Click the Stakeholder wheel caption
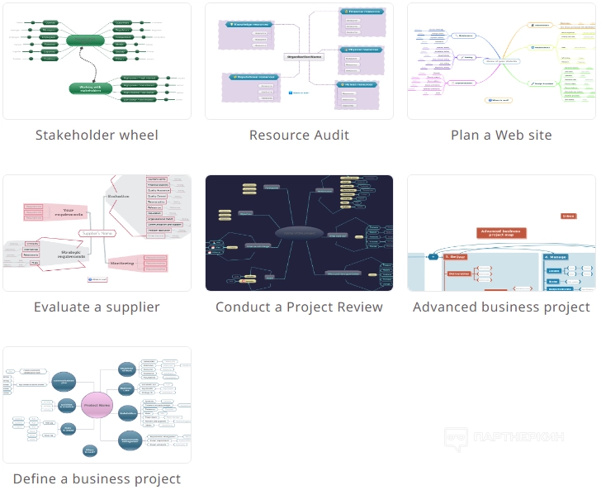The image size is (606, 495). click(97, 135)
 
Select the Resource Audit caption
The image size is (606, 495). click(299, 135)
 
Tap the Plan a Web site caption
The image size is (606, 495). click(501, 135)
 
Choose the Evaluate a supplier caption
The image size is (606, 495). click(97, 307)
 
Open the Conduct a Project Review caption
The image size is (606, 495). click(299, 307)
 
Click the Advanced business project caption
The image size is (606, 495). click(501, 307)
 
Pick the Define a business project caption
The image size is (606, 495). click(97, 478)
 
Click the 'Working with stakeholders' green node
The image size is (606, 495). click(90, 88)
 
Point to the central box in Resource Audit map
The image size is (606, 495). click(304, 57)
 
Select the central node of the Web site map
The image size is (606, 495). click(501, 59)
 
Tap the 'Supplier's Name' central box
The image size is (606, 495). click(97, 233)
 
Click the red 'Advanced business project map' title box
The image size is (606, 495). click(501, 232)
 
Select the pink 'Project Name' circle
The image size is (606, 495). click(97, 405)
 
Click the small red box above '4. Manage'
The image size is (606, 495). click(568, 217)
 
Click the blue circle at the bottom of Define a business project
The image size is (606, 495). click(90, 450)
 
